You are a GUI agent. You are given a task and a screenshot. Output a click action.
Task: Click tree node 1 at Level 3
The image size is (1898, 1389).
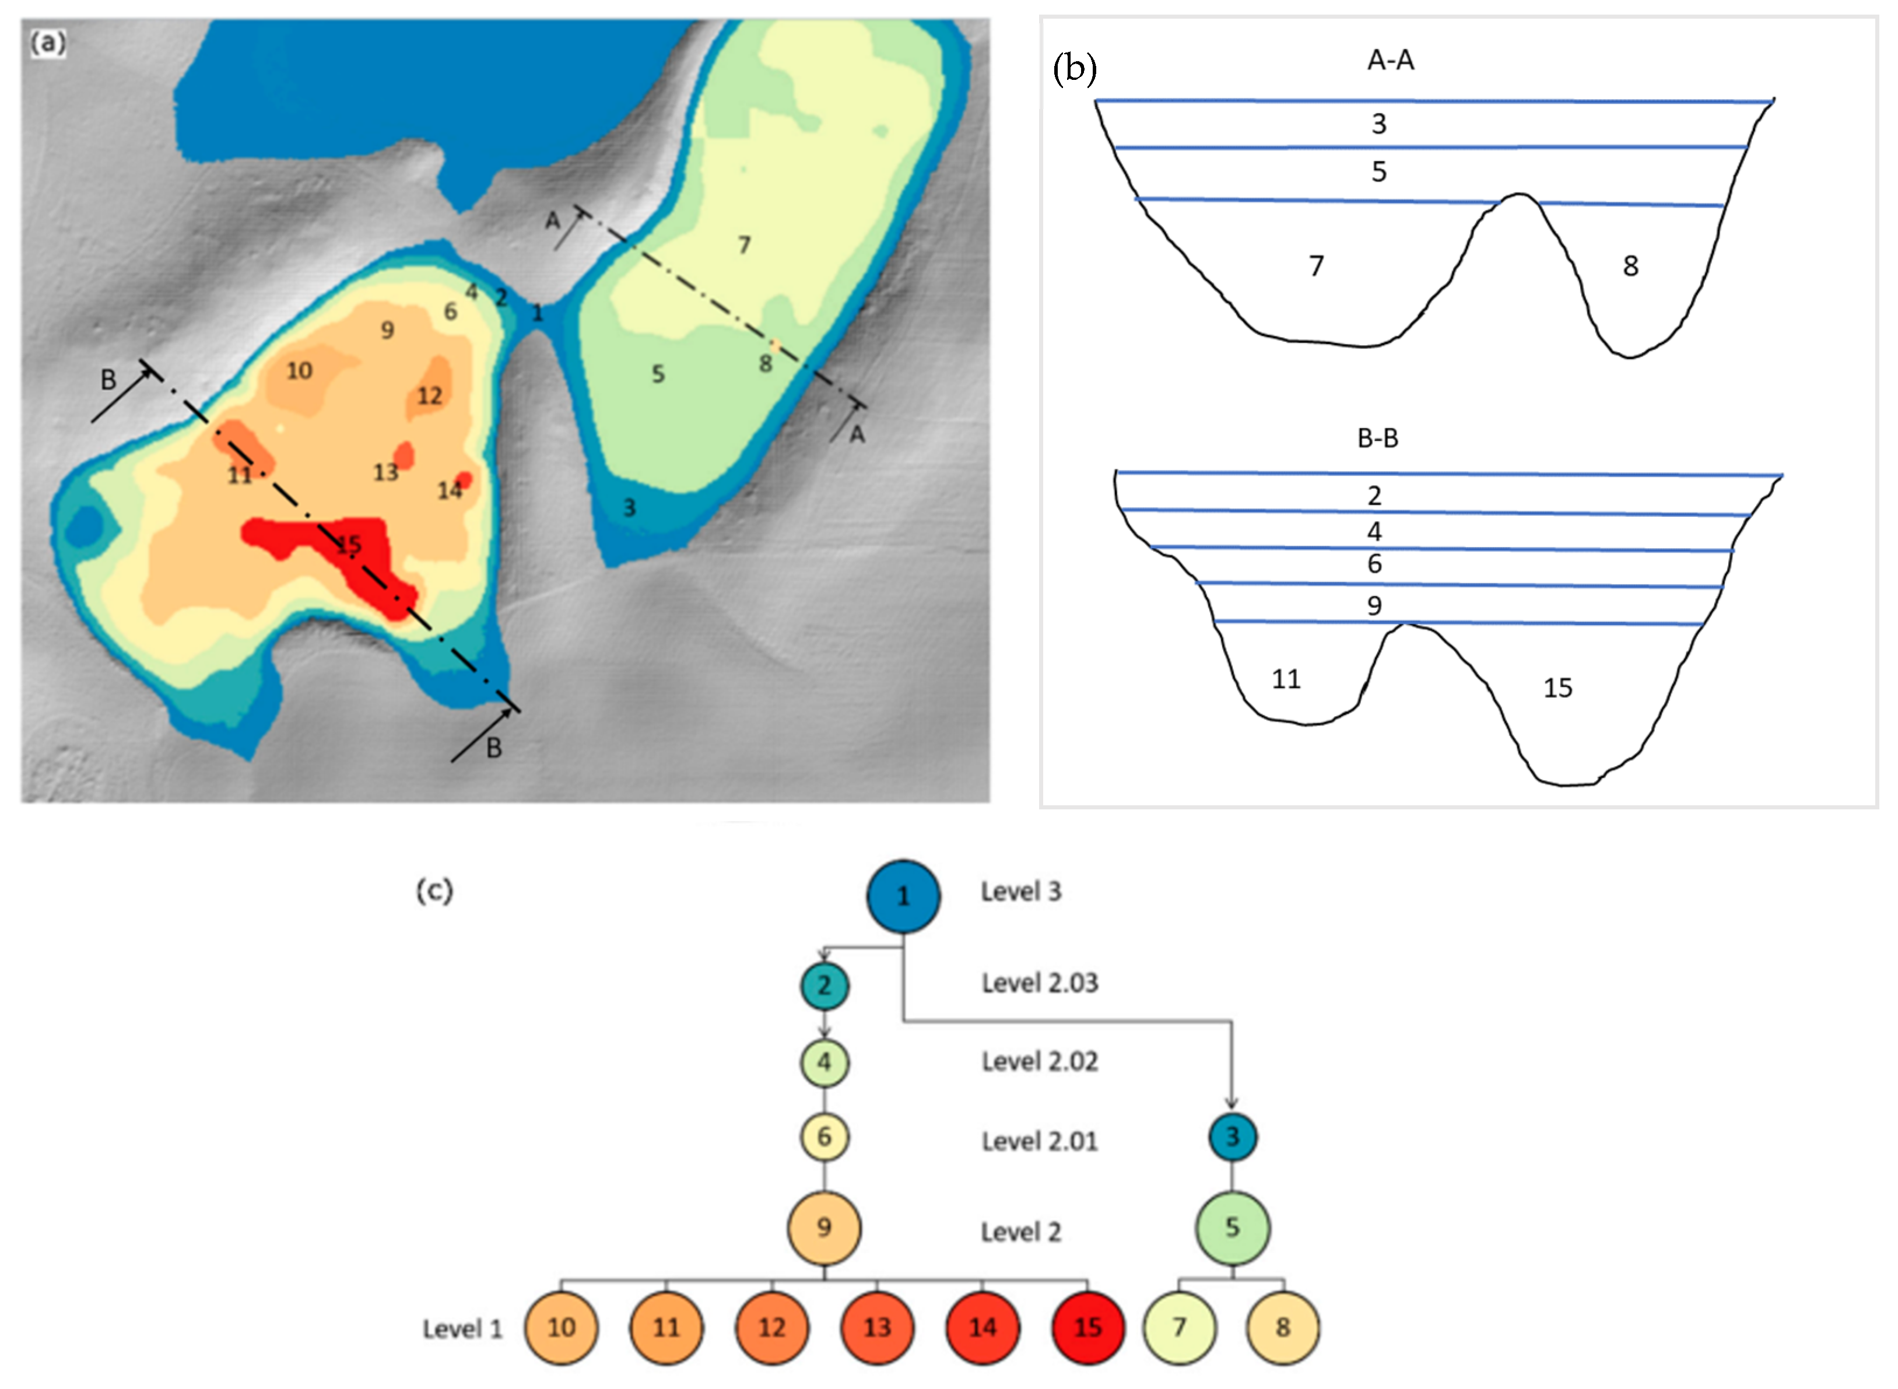(903, 896)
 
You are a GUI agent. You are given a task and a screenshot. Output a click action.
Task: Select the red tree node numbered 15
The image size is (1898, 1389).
(1087, 1328)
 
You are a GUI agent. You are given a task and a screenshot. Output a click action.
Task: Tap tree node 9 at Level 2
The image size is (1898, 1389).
(824, 1227)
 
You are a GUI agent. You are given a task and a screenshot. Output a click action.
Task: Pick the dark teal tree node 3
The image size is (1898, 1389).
(1232, 1137)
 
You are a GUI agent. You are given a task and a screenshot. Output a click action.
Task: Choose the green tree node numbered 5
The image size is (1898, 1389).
(1232, 1227)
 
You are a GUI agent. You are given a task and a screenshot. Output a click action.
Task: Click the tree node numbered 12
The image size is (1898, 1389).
(771, 1328)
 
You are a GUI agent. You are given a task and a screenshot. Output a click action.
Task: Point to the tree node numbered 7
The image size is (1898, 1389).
(1179, 1328)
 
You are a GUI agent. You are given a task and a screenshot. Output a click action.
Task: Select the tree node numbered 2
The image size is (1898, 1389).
(824, 985)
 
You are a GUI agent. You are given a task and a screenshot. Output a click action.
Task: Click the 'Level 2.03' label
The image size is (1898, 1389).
(1040, 983)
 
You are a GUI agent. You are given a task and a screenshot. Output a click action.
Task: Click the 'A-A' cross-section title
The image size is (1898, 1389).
(1390, 61)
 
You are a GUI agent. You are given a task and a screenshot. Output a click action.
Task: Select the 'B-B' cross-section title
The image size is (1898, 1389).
(1378, 438)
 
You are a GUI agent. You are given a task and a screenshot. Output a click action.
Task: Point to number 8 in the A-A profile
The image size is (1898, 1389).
(1630, 266)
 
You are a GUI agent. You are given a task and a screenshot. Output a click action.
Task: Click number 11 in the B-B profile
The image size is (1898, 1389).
(1285, 679)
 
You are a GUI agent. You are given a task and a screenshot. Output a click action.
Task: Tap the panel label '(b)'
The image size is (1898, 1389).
(1074, 69)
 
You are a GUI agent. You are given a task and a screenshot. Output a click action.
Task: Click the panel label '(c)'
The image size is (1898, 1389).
(434, 890)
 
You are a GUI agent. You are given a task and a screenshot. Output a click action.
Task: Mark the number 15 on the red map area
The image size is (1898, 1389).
(349, 545)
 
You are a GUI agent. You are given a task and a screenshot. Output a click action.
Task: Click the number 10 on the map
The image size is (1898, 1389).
(299, 371)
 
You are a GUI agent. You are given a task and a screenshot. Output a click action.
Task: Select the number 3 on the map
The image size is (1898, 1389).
(629, 508)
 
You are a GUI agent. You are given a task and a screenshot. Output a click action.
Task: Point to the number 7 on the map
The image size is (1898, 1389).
(744, 245)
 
